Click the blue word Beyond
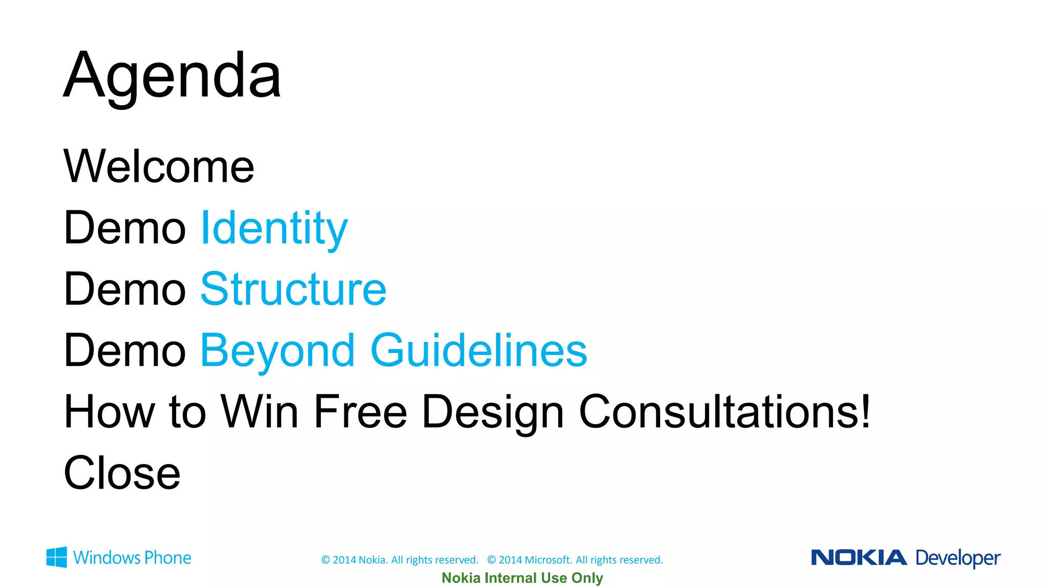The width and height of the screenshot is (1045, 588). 277,351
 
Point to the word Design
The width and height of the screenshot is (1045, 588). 493,412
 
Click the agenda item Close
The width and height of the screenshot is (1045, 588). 122,473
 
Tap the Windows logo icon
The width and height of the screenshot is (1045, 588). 57,557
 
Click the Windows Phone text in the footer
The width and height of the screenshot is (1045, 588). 132,558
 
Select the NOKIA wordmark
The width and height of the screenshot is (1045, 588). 859,557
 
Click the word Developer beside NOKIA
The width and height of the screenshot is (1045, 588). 958,558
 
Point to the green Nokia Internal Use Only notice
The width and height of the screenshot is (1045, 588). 522,578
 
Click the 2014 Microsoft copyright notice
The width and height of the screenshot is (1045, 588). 575,560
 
